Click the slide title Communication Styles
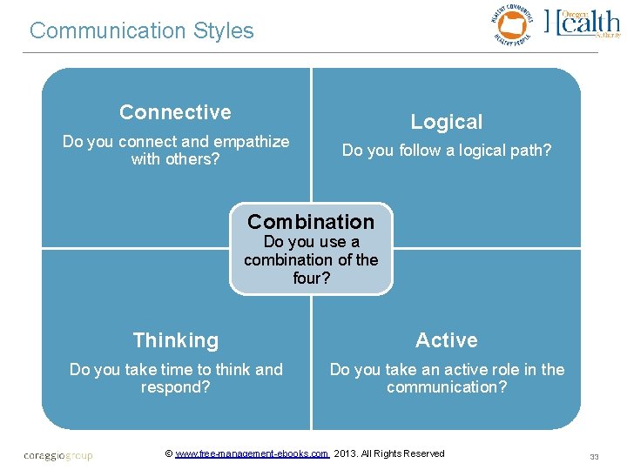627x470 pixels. click(141, 31)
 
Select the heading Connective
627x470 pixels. click(175, 112)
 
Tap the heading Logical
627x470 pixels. click(446, 123)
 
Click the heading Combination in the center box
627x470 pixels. click(311, 221)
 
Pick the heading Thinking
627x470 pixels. click(175, 340)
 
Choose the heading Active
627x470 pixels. click(446, 340)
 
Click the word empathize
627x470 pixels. click(252, 142)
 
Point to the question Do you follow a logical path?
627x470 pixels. click(446, 151)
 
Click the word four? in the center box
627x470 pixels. click(311, 279)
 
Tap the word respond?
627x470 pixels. click(175, 387)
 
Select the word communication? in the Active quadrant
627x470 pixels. click(446, 387)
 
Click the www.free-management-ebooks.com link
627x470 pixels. click(252, 453)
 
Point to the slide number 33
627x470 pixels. click(595, 456)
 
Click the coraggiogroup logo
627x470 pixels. click(57, 455)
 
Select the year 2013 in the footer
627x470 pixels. click(346, 453)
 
